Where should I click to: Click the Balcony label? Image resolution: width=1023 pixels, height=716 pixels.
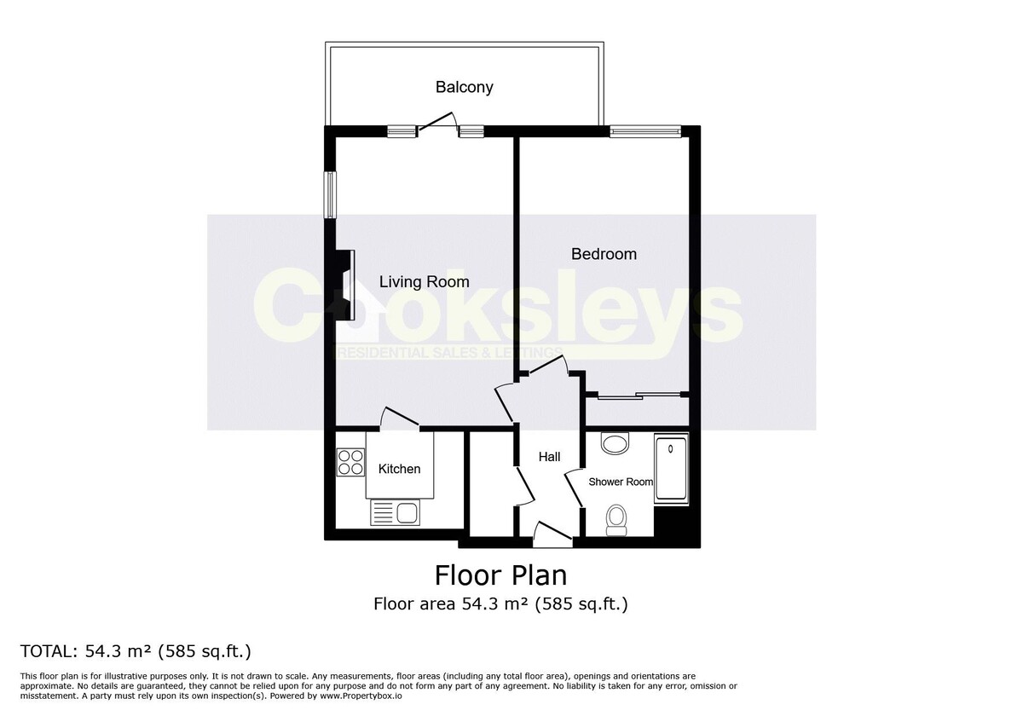click(x=464, y=87)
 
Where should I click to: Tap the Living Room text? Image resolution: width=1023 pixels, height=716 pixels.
click(x=424, y=281)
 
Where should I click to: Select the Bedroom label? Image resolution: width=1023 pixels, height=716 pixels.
click(x=604, y=254)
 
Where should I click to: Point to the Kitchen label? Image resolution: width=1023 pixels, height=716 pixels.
click(x=399, y=469)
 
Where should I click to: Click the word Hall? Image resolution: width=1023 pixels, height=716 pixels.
click(x=549, y=457)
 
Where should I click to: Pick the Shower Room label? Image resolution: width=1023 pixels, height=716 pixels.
click(x=621, y=482)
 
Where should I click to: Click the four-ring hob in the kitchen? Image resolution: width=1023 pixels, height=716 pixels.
click(x=350, y=462)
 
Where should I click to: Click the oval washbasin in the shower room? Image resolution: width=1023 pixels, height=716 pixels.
click(x=613, y=442)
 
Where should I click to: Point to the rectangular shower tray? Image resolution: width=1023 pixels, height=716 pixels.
click(x=671, y=470)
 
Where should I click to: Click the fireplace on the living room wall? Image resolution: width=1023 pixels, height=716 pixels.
click(x=344, y=285)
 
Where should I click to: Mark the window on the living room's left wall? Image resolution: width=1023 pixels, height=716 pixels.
click(x=328, y=194)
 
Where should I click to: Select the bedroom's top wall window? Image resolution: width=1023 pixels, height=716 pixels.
click(x=645, y=131)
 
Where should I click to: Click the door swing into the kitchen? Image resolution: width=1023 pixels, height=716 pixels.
click(x=399, y=418)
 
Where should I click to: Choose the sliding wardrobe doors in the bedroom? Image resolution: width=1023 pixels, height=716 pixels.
click(x=639, y=396)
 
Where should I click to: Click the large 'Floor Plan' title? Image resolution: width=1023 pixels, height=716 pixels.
click(x=500, y=575)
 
